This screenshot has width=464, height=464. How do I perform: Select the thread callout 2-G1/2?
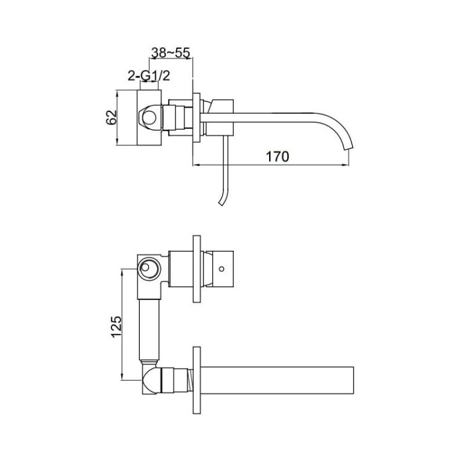click(149, 76)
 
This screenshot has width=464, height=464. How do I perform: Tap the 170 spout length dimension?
click(278, 157)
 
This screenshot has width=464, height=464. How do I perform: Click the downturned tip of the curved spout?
click(348, 147)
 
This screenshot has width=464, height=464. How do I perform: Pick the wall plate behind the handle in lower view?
click(197, 269)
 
